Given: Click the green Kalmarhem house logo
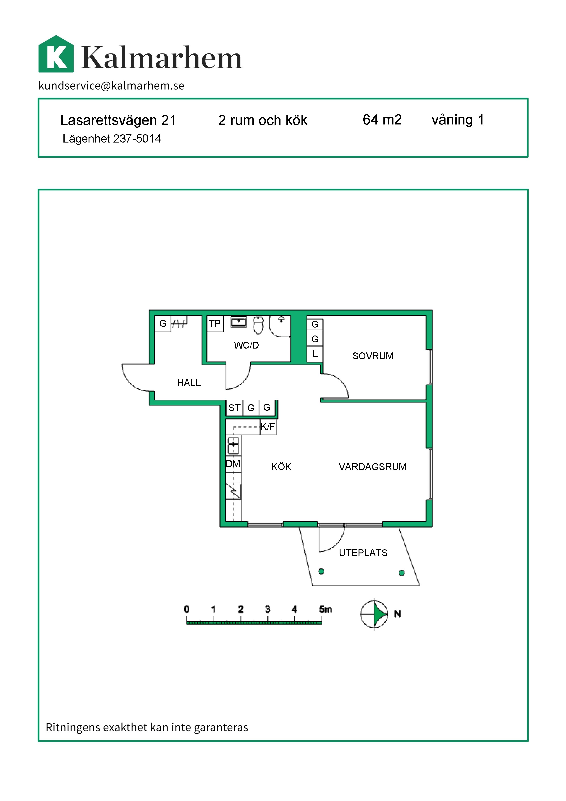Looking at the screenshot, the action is pos(56,54).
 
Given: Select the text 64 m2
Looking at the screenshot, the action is pos(382,120).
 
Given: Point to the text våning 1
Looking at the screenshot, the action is pos(458,120).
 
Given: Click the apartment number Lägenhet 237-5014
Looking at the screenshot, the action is pos(112,138).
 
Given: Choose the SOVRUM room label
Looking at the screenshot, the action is pos(372,356).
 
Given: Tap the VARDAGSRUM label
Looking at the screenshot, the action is pos(372,466).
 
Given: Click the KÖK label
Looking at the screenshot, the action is pos(281,466).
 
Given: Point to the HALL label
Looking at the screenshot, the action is pos(189,383).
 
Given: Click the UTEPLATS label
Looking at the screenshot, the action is pos(363,553).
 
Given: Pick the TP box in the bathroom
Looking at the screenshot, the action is pos(215,324).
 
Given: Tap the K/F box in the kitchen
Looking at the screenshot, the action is pos(268,426).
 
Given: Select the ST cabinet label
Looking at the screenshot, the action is pos(234,407).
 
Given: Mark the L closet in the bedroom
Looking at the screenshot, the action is pos(315,354).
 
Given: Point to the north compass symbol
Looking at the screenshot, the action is pos(374,614).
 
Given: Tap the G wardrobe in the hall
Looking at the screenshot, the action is pos(163,323).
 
